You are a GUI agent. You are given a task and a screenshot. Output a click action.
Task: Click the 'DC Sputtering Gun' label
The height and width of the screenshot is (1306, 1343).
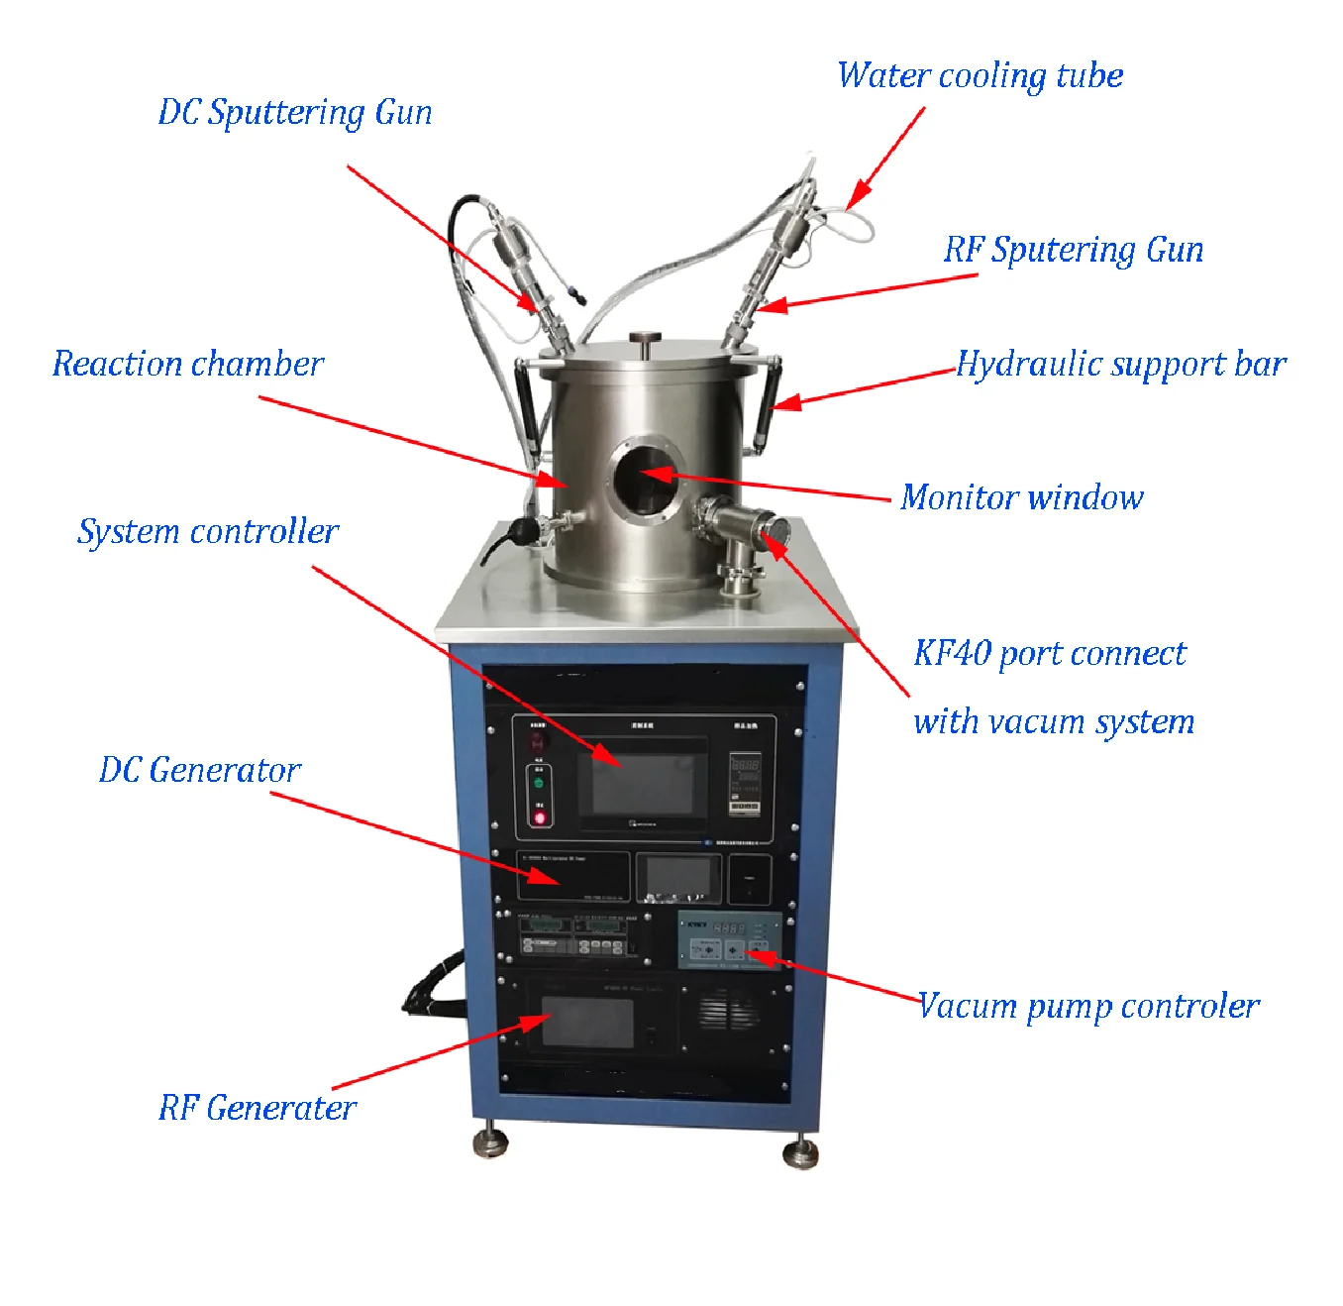pos(295,113)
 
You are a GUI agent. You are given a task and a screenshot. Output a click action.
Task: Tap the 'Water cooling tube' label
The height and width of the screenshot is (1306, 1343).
pos(980,76)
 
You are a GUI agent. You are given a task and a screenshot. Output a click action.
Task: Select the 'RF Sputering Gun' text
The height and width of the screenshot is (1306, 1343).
pos(1073,250)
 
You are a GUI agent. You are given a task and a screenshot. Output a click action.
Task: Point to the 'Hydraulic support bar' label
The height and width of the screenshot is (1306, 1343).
pos(1120,365)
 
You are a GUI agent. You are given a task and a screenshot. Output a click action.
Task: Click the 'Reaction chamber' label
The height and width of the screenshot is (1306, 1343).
pos(188,364)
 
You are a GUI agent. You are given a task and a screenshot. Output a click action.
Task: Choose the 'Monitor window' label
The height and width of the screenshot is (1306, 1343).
pos(1021,496)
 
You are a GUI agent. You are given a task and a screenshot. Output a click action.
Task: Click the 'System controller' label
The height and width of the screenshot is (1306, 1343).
pos(208,532)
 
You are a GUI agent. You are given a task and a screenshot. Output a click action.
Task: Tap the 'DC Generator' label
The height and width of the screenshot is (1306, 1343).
pos(199,770)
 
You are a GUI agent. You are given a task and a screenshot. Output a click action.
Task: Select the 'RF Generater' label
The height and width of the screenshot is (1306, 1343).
pos(258,1108)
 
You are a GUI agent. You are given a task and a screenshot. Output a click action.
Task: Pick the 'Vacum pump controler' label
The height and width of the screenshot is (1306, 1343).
pos(1087,1007)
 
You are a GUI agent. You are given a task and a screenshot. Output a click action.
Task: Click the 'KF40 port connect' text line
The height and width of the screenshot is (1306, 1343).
pos(1049,654)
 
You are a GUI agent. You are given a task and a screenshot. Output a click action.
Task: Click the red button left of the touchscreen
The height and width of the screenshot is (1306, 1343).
pos(540,817)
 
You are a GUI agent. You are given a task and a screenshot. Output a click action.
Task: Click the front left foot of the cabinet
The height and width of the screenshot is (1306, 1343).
pos(490,1143)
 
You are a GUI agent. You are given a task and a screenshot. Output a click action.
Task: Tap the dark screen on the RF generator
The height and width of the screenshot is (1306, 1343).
pos(587,1022)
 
